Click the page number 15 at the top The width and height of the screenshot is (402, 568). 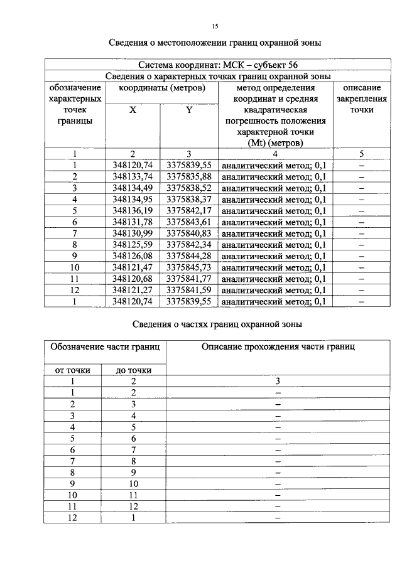[215, 26]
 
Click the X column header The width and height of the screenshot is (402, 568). [133, 110]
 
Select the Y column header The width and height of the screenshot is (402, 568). [188, 110]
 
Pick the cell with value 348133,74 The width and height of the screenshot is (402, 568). [133, 176]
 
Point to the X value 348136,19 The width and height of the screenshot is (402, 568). [133, 210]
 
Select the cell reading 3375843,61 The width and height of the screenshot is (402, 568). [188, 222]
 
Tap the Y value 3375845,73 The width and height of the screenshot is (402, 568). [188, 267]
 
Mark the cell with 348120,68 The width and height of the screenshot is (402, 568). [133, 279]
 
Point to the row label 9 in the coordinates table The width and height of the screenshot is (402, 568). [74, 256]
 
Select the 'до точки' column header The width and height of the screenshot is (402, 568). [134, 370]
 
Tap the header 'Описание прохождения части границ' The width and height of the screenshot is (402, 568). [278, 346]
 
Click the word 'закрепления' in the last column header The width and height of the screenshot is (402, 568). [362, 99]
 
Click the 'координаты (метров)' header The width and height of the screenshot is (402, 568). [161, 88]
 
